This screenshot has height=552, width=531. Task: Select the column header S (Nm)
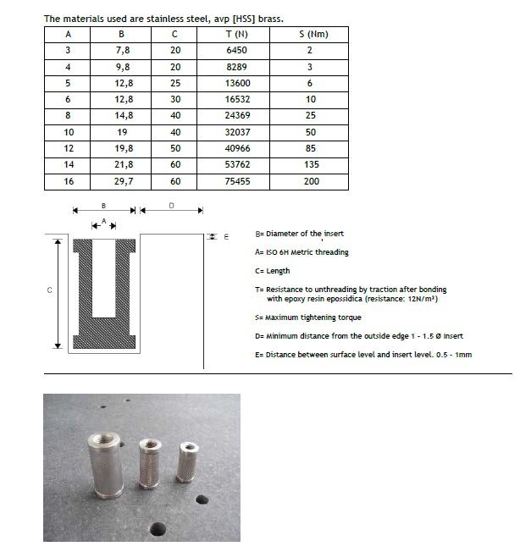(x=313, y=35)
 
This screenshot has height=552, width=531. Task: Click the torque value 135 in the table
(x=312, y=165)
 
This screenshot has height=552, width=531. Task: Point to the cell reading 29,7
(x=122, y=181)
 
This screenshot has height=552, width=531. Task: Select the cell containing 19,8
(x=122, y=149)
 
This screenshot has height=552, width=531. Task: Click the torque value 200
(x=312, y=181)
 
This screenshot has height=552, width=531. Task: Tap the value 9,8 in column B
(x=122, y=67)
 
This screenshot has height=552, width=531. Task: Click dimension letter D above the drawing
(x=172, y=205)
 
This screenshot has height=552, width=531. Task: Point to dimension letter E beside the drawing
(x=226, y=237)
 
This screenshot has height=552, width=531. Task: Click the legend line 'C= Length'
(x=272, y=271)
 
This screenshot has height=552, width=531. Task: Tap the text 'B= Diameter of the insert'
(x=299, y=234)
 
